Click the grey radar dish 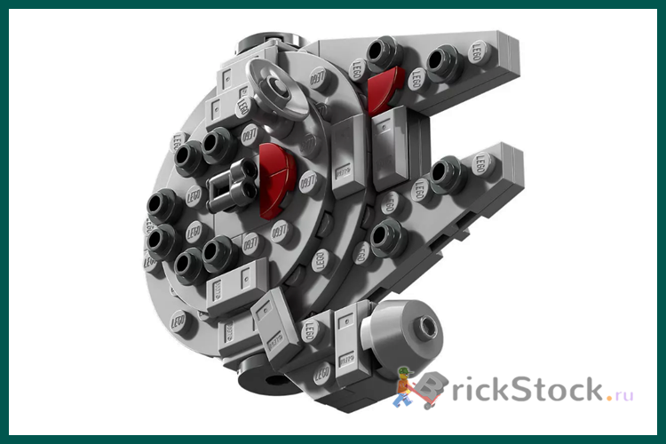click(x=278, y=87)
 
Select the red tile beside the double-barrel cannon click(x=276, y=180)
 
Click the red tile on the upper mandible click(x=384, y=90)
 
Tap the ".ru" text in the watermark click(x=619, y=394)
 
